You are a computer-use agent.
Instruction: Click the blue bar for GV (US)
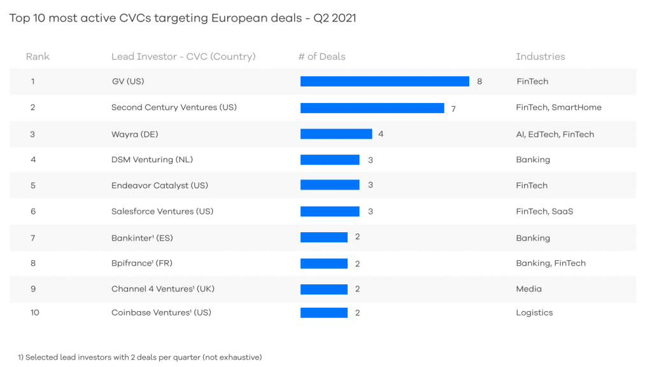click(x=385, y=81)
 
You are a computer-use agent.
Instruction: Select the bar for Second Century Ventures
click(x=372, y=108)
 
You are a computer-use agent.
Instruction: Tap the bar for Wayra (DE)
click(x=336, y=134)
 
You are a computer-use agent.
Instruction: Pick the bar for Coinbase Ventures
click(x=323, y=312)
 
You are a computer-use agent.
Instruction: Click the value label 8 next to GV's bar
click(x=479, y=81)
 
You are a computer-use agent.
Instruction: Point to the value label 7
click(x=453, y=109)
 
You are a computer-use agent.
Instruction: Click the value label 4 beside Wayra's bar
click(x=381, y=134)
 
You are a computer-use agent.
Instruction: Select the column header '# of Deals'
click(x=322, y=57)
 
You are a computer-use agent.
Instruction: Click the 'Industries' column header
click(x=540, y=57)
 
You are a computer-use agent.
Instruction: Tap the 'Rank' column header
click(x=38, y=57)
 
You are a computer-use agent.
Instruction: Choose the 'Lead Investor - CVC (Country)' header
click(x=183, y=57)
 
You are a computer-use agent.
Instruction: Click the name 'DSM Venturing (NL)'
click(x=152, y=160)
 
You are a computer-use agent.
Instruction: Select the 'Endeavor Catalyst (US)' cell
click(x=159, y=185)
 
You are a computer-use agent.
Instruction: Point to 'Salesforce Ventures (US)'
click(x=162, y=211)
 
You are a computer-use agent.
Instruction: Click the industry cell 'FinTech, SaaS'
click(x=544, y=211)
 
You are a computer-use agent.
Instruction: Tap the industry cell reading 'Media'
click(x=528, y=289)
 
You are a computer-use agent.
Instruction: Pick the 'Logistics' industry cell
click(x=534, y=312)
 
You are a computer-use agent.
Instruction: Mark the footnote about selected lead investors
click(x=139, y=357)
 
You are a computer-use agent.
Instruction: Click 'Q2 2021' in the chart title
click(x=335, y=18)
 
